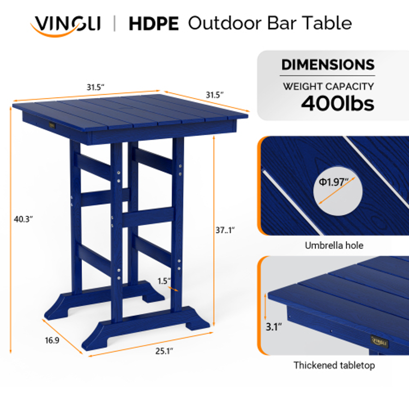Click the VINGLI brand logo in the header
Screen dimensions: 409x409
coord(66,26)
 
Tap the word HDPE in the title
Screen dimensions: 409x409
coord(154,24)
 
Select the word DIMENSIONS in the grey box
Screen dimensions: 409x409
coord(328,64)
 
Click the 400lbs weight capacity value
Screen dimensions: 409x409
coord(338,104)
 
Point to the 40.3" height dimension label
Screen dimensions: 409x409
coord(23,219)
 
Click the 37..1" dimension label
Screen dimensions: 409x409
coord(225,230)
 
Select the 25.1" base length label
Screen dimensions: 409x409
coord(164,351)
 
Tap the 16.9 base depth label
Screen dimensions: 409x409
coord(52,340)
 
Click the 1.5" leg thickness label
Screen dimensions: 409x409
coord(164,281)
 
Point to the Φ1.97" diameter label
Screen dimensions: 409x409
coord(334,182)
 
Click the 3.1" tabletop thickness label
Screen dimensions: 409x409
coord(274,327)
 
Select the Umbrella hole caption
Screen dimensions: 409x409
coord(334,245)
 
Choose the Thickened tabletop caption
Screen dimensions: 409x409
coord(334,365)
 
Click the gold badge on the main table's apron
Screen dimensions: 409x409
coord(52,125)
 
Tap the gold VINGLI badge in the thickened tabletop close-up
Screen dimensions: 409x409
coord(380,342)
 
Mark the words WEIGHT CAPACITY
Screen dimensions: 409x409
coord(328,86)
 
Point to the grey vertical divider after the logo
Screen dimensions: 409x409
coord(115,23)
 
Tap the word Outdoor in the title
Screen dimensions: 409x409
coord(225,23)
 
